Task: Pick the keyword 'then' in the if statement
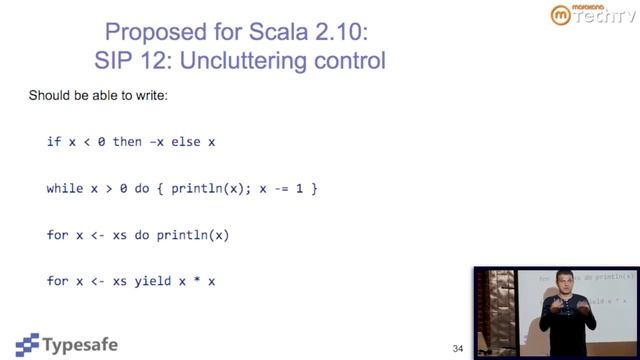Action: click(x=128, y=142)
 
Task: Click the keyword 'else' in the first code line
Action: click(x=185, y=142)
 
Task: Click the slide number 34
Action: click(x=458, y=348)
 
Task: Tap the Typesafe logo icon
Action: click(x=28, y=344)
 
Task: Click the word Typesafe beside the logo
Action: click(x=81, y=345)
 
